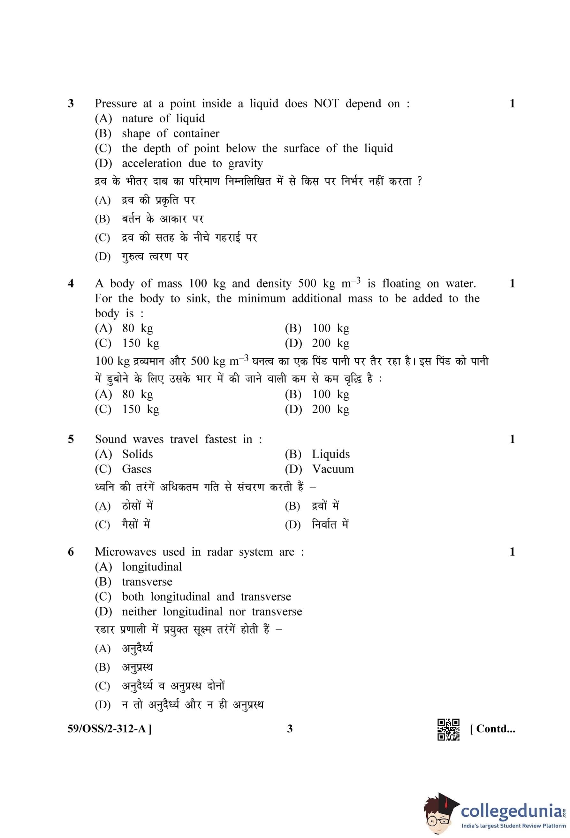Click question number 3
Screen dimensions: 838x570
click(x=71, y=104)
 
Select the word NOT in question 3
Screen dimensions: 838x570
click(x=326, y=104)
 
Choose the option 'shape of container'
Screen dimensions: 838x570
click(x=171, y=134)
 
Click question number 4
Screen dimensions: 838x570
click(x=71, y=283)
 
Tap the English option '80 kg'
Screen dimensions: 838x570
click(x=137, y=328)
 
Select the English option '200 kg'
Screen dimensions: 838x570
click(x=331, y=343)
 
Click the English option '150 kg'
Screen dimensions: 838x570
click(x=141, y=343)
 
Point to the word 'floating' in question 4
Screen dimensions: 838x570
click(x=401, y=284)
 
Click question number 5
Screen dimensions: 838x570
click(x=71, y=439)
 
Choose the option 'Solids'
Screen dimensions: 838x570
click(x=137, y=454)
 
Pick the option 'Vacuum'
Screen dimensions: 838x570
click(x=332, y=469)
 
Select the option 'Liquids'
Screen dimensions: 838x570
click(x=331, y=454)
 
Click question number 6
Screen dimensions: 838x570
click(x=71, y=552)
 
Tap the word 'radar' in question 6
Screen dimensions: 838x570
click(x=219, y=552)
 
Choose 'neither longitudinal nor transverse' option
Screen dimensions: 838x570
click(x=212, y=611)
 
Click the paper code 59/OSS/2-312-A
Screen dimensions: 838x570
click(x=109, y=729)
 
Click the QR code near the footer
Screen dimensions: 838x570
click(x=448, y=729)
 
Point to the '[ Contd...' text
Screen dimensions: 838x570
click(x=492, y=729)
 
